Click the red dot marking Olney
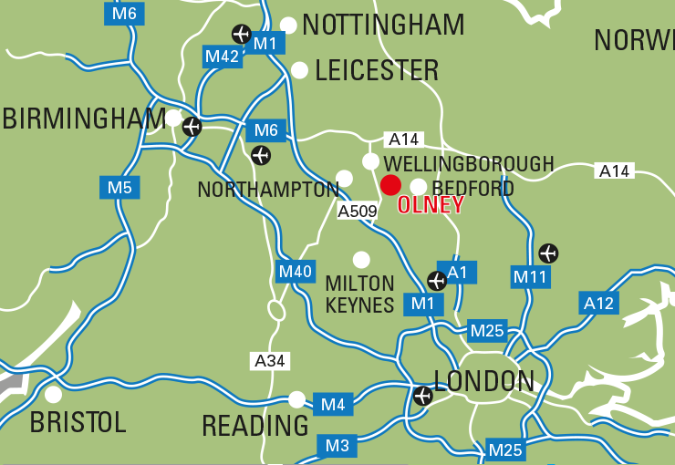390,185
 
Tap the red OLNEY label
431,205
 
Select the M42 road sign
222,57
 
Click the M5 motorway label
119,189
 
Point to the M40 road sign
296,271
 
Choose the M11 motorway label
530,276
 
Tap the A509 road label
358,212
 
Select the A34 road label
270,361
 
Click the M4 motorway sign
332,403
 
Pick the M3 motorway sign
337,446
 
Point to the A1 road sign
458,271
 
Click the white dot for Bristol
54,394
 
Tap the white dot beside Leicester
299,70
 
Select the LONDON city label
484,381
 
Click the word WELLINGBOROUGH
469,164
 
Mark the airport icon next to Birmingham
192,127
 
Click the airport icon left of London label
422,396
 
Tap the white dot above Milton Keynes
361,260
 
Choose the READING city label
255,426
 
